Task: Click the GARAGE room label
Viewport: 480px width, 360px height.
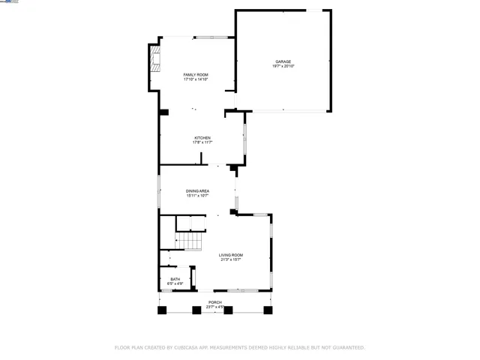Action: [283, 61]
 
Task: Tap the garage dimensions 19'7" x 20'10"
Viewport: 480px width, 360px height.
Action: [283, 67]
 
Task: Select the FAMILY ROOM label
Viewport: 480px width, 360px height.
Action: [196, 74]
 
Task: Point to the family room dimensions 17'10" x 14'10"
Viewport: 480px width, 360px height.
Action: [196, 79]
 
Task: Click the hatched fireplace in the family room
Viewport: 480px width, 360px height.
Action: [155, 59]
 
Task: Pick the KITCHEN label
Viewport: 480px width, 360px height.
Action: [202, 137]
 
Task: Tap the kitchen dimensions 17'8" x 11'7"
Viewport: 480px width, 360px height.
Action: [202, 142]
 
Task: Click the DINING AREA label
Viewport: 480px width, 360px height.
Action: [197, 191]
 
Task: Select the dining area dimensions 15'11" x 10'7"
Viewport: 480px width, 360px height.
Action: [197, 196]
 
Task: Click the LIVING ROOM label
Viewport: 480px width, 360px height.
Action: [231, 255]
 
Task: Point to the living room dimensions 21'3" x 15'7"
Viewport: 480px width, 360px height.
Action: [231, 260]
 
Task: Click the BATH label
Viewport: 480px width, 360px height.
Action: [175, 279]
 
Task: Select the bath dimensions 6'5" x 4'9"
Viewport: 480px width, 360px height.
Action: [175, 284]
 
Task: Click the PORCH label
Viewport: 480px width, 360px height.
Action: [215, 301]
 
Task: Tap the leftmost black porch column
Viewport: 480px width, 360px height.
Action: [160, 309]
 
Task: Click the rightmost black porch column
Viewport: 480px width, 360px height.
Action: [268, 309]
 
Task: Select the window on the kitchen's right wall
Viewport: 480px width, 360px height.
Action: [244, 138]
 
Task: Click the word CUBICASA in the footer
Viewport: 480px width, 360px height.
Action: [186, 348]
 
